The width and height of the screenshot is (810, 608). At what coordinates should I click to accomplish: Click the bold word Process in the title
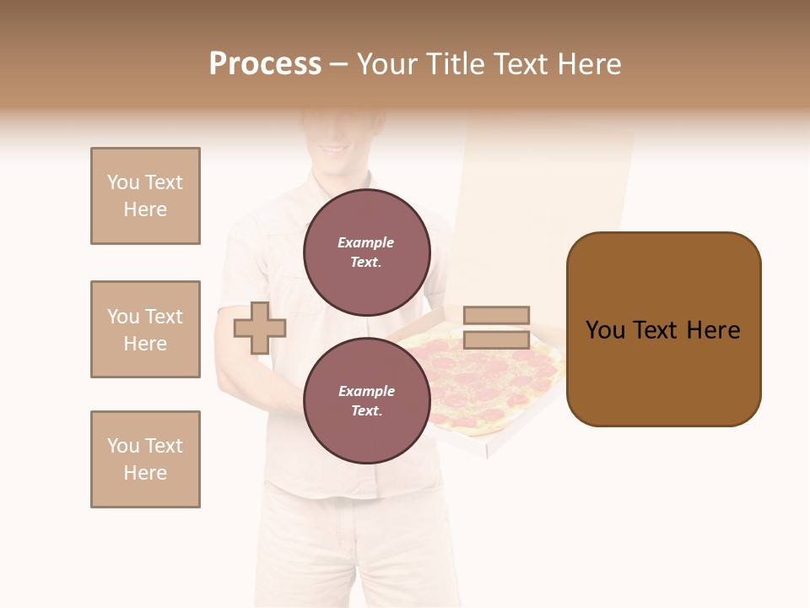[265, 64]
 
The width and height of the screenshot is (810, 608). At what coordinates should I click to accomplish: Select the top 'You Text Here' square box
[145, 196]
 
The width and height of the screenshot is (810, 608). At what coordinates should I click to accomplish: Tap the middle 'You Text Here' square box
[145, 329]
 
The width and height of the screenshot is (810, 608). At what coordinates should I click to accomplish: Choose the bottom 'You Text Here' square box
[145, 459]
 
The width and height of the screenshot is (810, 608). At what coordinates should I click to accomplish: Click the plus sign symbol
[259, 328]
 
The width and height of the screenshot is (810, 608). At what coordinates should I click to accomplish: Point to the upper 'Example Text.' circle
[367, 252]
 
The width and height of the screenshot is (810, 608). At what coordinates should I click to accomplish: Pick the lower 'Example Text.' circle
[367, 400]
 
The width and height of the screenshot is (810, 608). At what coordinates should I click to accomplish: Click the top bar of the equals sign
[496, 316]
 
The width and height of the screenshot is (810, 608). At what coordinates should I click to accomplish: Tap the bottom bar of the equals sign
[496, 339]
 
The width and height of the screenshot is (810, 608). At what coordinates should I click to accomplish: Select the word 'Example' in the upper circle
[365, 242]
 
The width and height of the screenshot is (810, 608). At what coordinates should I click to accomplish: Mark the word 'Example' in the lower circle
[366, 391]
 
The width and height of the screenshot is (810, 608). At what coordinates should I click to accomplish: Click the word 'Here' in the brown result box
[714, 330]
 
